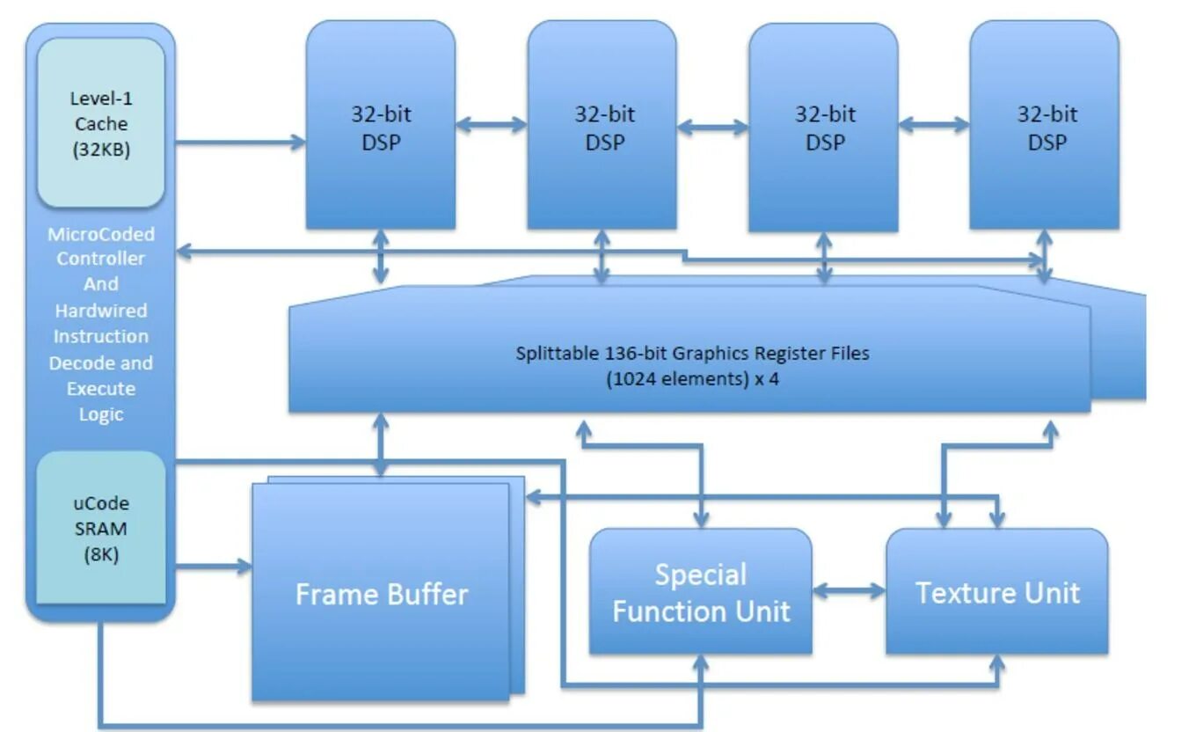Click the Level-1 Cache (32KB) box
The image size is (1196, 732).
point(100,123)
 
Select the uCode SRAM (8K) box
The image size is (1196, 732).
point(100,528)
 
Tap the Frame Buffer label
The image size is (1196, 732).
point(381,594)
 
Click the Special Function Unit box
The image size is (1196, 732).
point(700,591)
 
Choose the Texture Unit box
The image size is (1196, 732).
point(996,591)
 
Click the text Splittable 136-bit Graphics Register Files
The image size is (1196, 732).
point(691,353)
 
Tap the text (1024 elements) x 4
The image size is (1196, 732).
point(691,381)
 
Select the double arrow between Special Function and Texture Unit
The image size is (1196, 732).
point(849,590)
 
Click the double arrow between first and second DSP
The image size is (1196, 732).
point(492,125)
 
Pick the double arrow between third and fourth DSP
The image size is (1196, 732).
point(934,125)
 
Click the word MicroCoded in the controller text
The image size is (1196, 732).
point(100,234)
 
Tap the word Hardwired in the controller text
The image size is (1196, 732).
point(100,311)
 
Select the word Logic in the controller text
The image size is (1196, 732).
point(100,414)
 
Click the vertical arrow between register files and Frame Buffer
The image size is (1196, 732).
point(381,445)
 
